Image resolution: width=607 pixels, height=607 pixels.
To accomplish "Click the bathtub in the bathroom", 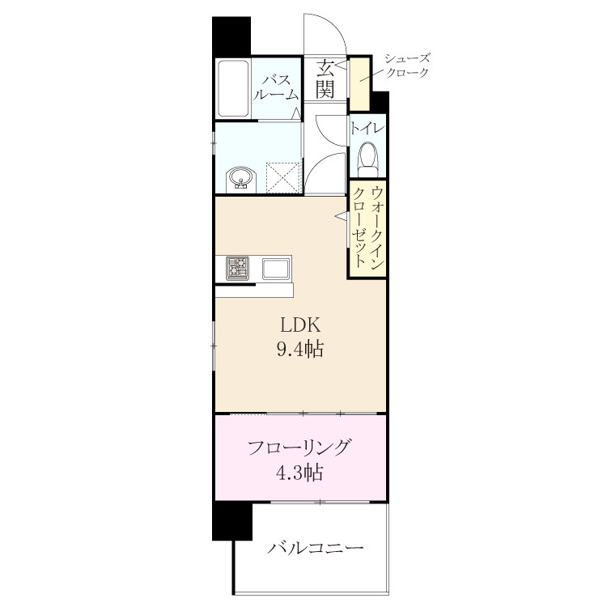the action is [x=232, y=88].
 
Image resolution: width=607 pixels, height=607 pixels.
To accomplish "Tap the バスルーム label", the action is [x=276, y=87].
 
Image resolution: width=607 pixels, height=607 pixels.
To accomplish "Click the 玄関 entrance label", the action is [x=325, y=80].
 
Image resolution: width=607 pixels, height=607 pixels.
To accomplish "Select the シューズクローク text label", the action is [x=407, y=66].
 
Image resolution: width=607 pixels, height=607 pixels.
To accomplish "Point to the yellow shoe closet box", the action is [x=359, y=84].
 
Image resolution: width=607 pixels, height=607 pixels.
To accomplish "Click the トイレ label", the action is [x=367, y=128].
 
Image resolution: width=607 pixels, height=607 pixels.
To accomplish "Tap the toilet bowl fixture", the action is [x=367, y=159].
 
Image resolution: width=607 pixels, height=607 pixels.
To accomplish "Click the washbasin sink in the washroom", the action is [x=241, y=179].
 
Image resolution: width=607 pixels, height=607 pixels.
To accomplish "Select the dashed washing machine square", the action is [x=284, y=178].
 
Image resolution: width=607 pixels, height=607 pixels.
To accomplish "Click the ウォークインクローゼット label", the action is [x=367, y=227].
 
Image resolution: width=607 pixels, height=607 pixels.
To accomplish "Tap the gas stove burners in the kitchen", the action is [x=237, y=268].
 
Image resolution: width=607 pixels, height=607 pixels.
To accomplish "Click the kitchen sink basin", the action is [x=276, y=268].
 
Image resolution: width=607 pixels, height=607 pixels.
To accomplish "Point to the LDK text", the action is [x=300, y=325].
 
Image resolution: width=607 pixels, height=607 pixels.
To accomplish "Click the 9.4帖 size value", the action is [x=300, y=349].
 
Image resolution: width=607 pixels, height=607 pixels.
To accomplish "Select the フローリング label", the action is [x=299, y=448].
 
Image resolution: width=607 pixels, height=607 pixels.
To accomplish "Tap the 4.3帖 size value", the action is [x=299, y=473].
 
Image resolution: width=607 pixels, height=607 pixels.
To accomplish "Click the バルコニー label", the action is [x=316, y=548].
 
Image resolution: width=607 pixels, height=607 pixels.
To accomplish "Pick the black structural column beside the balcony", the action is [x=232, y=521].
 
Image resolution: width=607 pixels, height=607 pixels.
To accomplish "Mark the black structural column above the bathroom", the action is [x=231, y=36].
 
